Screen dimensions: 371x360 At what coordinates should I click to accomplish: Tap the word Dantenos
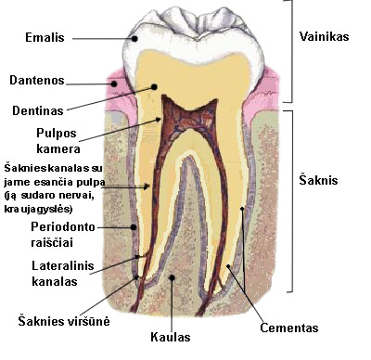[x=37, y=82]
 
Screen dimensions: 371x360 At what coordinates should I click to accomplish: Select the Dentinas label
[x=38, y=109]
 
